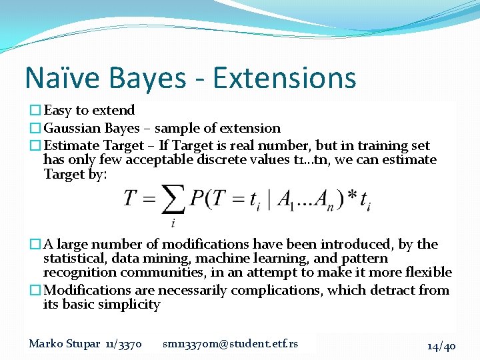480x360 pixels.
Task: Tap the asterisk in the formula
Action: coord(352,198)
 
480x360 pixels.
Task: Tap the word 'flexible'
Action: coord(426,272)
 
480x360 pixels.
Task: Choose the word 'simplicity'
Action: coord(127,305)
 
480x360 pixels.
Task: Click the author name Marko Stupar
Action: coord(65,344)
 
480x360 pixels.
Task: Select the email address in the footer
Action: coord(230,344)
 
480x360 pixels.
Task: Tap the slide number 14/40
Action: coord(441,345)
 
